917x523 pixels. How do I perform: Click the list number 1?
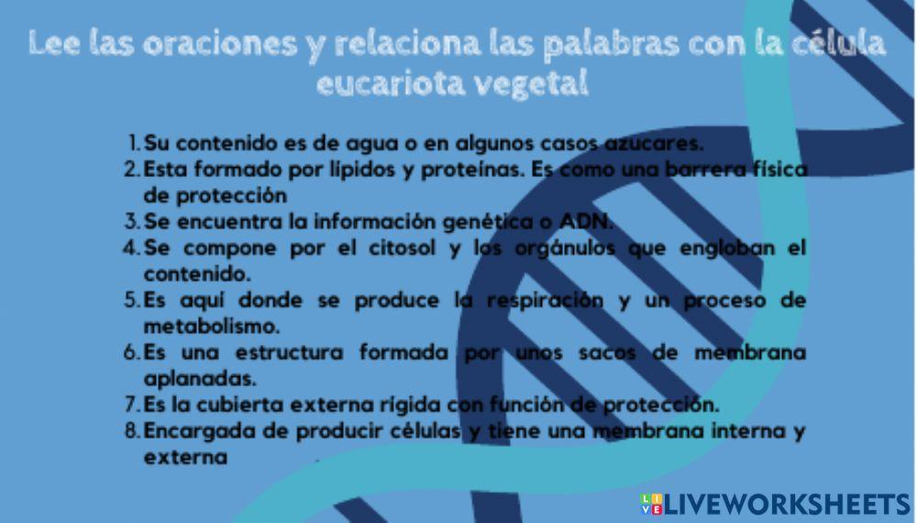point(134,144)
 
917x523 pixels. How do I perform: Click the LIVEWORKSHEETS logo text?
point(787,503)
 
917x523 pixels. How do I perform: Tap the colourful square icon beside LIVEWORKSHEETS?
point(651,503)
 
